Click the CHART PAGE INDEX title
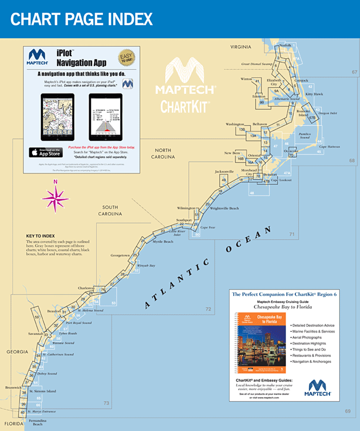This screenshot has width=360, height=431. [82, 20]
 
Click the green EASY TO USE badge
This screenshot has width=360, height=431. [127, 57]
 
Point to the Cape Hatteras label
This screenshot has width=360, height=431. [330, 147]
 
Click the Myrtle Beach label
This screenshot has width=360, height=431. [163, 241]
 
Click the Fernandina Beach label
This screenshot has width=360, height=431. [38, 422]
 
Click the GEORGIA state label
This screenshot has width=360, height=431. [17, 352]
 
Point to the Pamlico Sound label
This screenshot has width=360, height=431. [305, 136]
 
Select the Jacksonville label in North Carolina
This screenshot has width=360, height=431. [225, 171]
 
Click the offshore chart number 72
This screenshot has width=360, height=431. [208, 309]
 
